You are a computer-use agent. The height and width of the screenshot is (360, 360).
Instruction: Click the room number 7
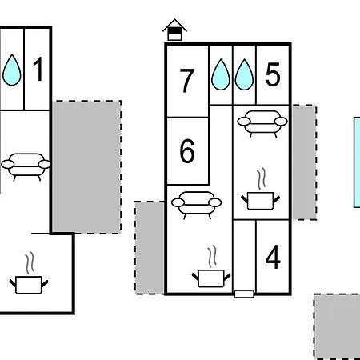click(x=187, y=81)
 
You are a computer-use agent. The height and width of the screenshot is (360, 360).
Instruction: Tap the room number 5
click(x=273, y=74)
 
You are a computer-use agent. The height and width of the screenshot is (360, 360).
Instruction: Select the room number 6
click(x=187, y=150)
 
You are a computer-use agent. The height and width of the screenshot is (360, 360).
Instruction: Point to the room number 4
click(x=273, y=257)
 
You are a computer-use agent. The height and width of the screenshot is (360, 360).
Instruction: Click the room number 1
click(x=38, y=69)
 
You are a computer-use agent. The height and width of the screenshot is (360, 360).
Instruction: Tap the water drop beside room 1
click(x=12, y=70)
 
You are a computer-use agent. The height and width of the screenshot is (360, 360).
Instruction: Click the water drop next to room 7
click(x=221, y=74)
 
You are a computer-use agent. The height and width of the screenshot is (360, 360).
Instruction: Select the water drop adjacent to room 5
click(x=244, y=74)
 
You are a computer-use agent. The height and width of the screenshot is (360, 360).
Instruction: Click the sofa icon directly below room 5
click(x=262, y=124)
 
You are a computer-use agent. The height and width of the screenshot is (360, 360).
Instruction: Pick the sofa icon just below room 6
click(x=197, y=205)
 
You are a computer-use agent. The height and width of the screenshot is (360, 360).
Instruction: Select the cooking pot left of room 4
click(x=211, y=266)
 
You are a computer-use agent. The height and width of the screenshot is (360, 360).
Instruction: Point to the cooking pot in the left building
click(x=29, y=273)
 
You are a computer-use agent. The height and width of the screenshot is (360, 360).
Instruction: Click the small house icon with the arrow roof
click(x=174, y=30)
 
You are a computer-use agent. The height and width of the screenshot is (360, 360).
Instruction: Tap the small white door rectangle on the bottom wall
click(x=244, y=294)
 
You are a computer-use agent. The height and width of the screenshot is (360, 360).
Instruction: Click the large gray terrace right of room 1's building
click(x=86, y=167)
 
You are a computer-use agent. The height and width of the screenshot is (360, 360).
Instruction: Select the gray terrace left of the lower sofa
click(x=150, y=248)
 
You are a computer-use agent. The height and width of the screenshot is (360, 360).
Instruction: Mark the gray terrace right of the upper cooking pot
click(x=305, y=162)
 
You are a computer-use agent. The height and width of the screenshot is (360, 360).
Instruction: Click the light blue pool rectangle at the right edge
click(x=357, y=162)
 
